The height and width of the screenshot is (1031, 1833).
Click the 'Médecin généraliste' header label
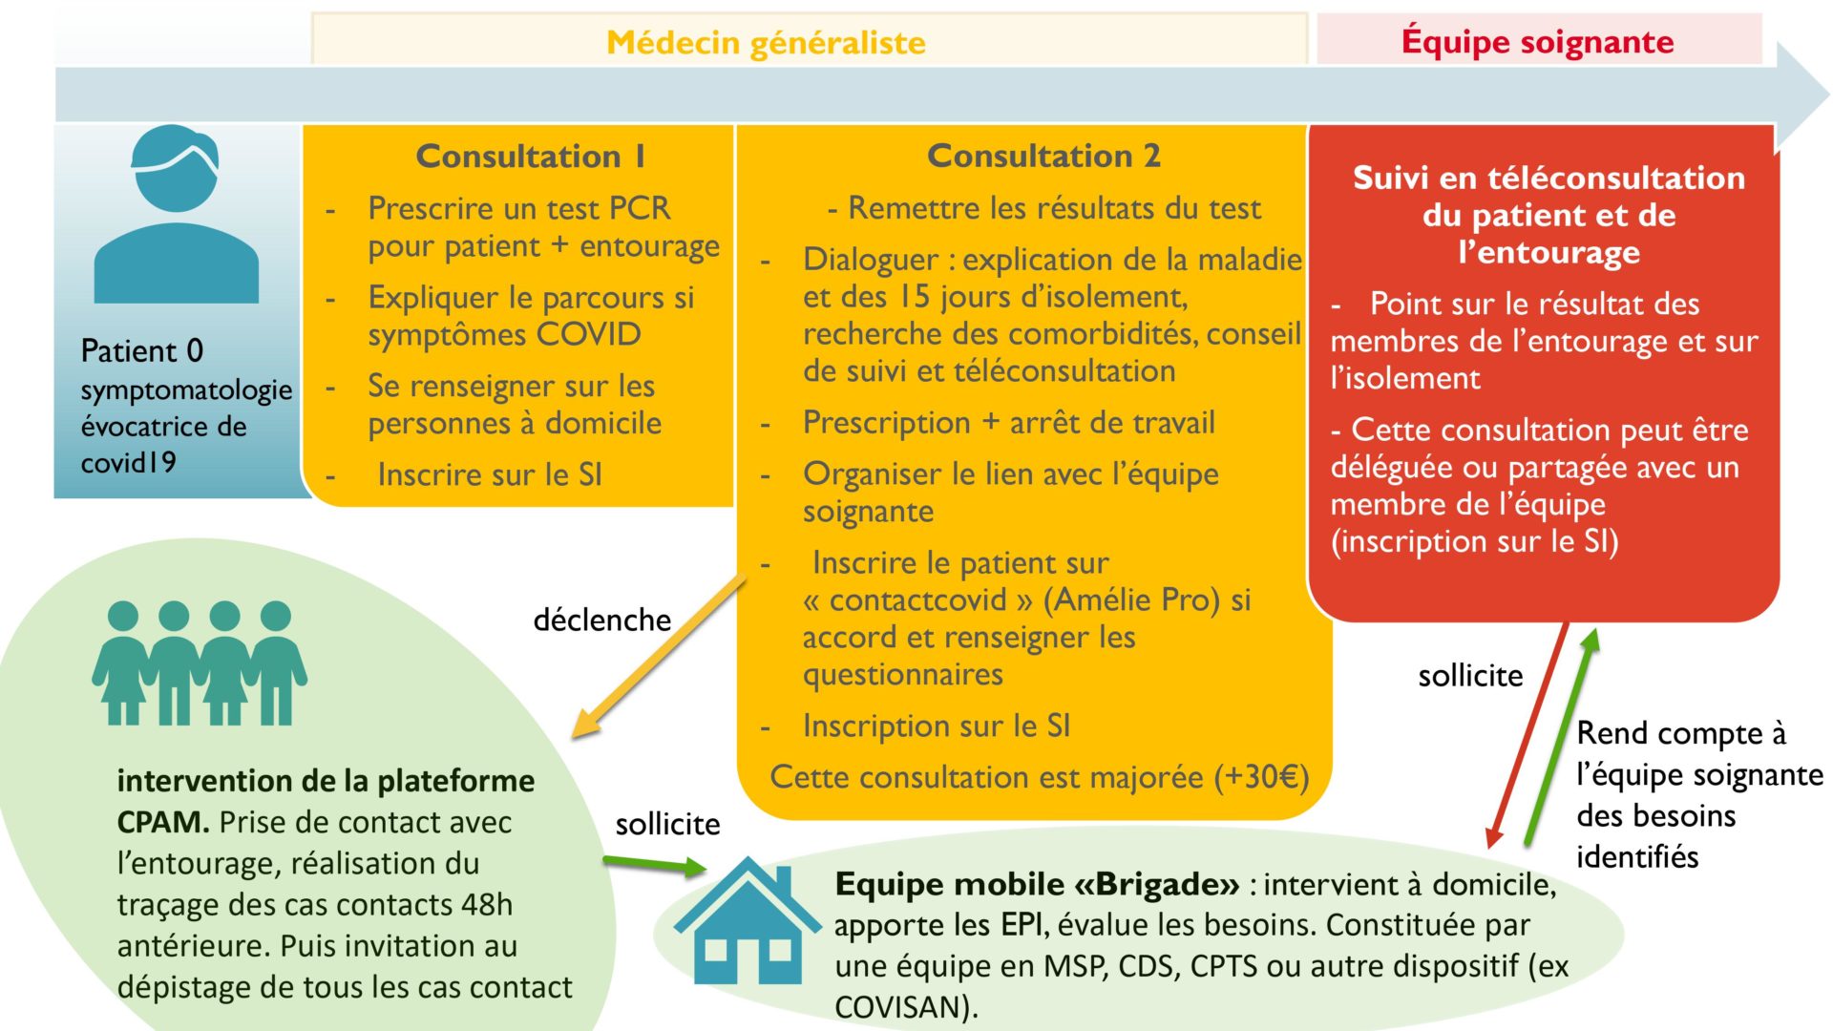click(766, 42)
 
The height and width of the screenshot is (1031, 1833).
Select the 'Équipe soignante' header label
click(1537, 41)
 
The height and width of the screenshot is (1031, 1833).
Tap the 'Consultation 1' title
click(531, 156)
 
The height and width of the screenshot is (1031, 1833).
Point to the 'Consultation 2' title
click(1043, 155)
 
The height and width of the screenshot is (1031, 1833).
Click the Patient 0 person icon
click(177, 215)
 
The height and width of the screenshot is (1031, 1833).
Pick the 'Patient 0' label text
click(142, 350)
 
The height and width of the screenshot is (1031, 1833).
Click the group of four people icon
click(200, 663)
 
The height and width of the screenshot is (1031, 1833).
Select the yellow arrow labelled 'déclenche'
click(658, 656)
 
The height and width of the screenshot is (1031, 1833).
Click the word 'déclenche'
click(601, 620)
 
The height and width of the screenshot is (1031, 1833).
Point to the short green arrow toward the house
click(655, 865)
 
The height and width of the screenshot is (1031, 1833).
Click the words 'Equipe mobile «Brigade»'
click(1037, 884)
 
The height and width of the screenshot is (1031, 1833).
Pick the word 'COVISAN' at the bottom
click(902, 1007)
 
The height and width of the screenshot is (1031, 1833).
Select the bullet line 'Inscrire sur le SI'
click(490, 474)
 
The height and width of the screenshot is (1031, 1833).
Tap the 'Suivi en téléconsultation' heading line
click(1549, 178)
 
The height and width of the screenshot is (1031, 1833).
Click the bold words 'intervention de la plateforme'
click(326, 781)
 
